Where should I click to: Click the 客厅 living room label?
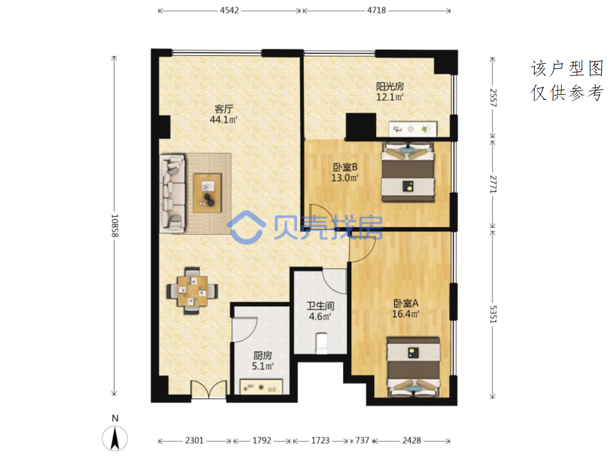coord(224,109)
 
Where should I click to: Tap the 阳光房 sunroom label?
coord(390,87)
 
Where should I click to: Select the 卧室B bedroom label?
coord(345,167)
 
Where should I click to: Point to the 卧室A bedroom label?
coord(406,303)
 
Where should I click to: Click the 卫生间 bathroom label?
coord(320,306)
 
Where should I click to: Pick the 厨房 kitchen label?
coord(263,355)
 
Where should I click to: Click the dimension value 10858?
coord(115,226)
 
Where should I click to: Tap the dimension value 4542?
coord(229,11)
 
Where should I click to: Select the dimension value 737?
coord(362,440)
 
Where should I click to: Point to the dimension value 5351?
coord(493,314)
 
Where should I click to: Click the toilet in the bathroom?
coord(322,343)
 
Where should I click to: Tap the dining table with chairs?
coord(192,290)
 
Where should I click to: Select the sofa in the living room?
coord(173,193)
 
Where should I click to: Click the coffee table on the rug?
coord(207,193)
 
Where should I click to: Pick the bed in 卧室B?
coord(408,172)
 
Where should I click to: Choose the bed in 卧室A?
coord(413,367)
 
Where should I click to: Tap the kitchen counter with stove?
coord(261,386)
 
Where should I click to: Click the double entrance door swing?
coord(209,389)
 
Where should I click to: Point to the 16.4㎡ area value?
coord(406,314)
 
